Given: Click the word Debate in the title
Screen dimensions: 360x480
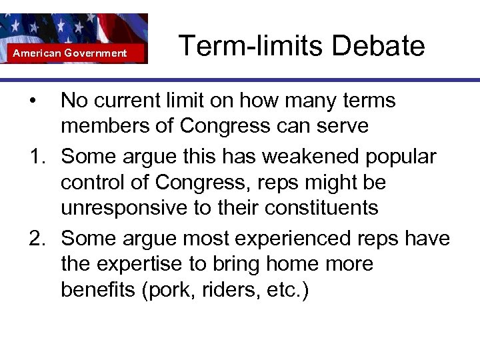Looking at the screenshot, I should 378,47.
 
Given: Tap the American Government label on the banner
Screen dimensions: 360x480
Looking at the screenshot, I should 70,53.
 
